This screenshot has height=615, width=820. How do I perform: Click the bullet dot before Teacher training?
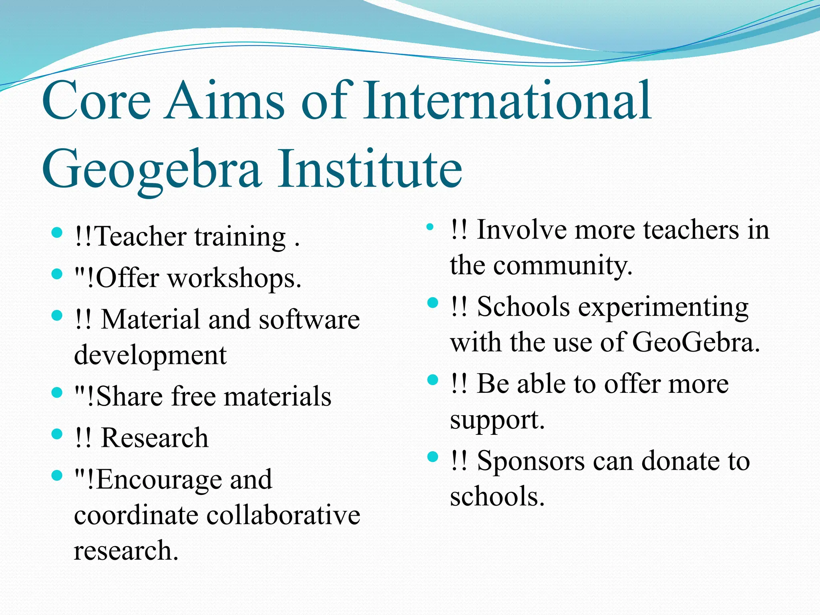pos(57,233)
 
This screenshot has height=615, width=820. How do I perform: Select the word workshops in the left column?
pos(234,278)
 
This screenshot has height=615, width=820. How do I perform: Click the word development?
pos(150,356)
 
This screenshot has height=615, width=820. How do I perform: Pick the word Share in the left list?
pos(130,396)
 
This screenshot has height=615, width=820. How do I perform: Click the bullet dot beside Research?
pos(57,434)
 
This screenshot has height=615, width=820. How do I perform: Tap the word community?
pos(562,265)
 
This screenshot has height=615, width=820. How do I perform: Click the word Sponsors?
pos(531,461)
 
